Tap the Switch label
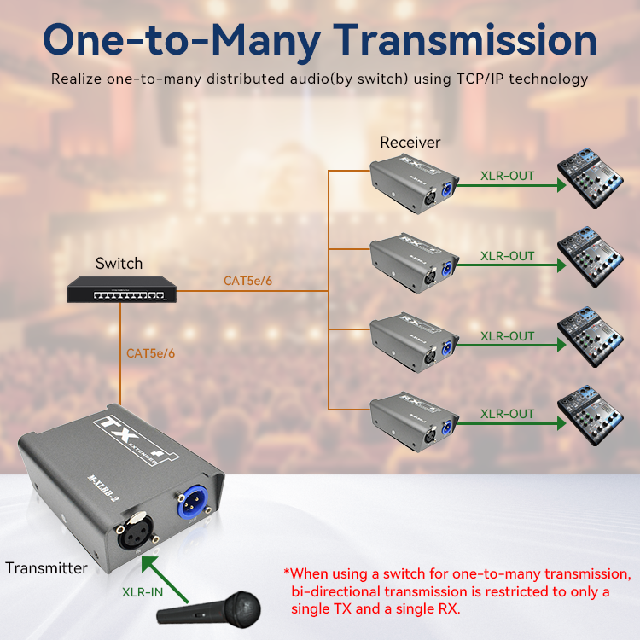119,264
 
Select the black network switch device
122,289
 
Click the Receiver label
410,143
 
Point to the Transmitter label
47,568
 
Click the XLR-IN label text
143,592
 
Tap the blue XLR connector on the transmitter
192,503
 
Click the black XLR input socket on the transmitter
135,531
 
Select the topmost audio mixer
591,178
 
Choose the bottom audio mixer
591,415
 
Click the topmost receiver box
414,183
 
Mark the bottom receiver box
414,422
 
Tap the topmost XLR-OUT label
508,176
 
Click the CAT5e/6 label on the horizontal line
247,281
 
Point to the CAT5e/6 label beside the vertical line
150,353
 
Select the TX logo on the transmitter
136,439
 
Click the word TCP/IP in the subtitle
480,79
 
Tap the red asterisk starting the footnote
287,572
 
